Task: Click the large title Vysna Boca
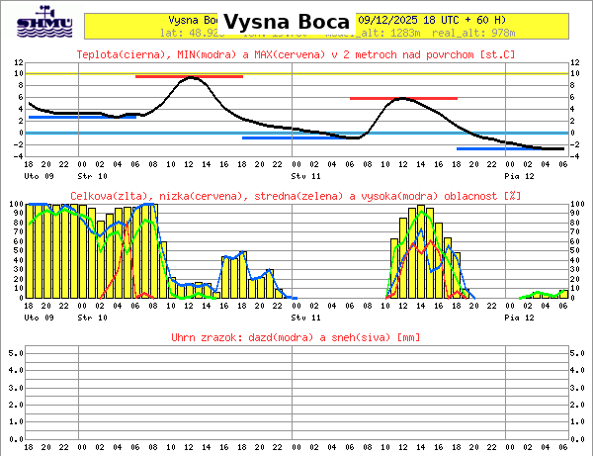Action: [287, 22]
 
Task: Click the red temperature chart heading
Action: [296, 53]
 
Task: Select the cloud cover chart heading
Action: [296, 196]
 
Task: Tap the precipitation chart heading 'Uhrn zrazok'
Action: [296, 338]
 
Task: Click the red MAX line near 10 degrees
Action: [189, 76]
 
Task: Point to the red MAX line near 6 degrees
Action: [403, 99]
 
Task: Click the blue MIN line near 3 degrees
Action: [82, 117]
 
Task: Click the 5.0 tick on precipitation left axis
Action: [15, 351]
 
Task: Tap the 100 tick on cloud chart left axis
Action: [14, 205]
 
